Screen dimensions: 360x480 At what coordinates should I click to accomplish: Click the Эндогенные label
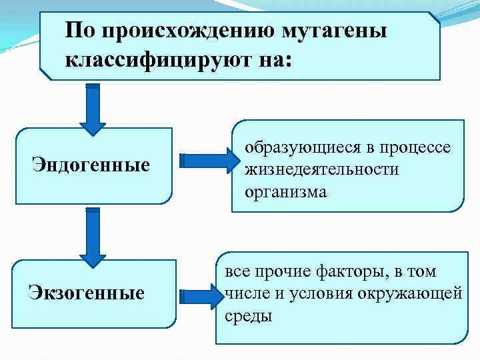point(91,165)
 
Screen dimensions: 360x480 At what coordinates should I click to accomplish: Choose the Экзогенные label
point(86,291)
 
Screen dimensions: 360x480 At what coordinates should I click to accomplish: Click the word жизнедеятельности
point(321,169)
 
